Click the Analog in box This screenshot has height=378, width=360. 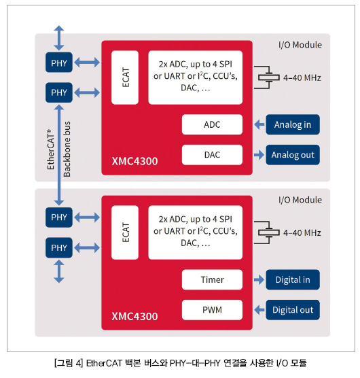pyautogui.click(x=293, y=124)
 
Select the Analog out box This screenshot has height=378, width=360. pyautogui.click(x=293, y=155)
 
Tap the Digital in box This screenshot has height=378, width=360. pyautogui.click(x=293, y=279)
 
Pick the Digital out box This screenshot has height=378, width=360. pyautogui.click(x=293, y=310)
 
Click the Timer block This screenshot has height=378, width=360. pyautogui.click(x=212, y=279)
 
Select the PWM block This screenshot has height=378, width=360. pyautogui.click(x=212, y=310)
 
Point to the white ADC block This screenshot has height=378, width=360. pyautogui.click(x=212, y=124)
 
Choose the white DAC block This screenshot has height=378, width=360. pyautogui.click(x=212, y=155)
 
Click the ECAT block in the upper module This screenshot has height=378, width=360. pyautogui.click(x=125, y=78)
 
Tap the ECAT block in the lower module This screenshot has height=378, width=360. pyautogui.click(x=125, y=233)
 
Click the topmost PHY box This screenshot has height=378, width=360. pyautogui.click(x=59, y=63)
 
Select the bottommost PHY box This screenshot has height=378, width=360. pyautogui.click(x=59, y=247)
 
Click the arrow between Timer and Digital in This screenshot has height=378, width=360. pyautogui.click(x=259, y=279)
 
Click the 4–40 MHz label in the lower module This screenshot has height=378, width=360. pyautogui.click(x=302, y=233)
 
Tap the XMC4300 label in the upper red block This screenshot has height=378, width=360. pyautogui.click(x=134, y=161)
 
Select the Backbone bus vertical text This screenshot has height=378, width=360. pyautogui.click(x=67, y=149)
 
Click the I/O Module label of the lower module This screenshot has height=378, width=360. pyautogui.click(x=300, y=200)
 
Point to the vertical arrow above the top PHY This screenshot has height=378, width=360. pyautogui.click(x=59, y=38)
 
